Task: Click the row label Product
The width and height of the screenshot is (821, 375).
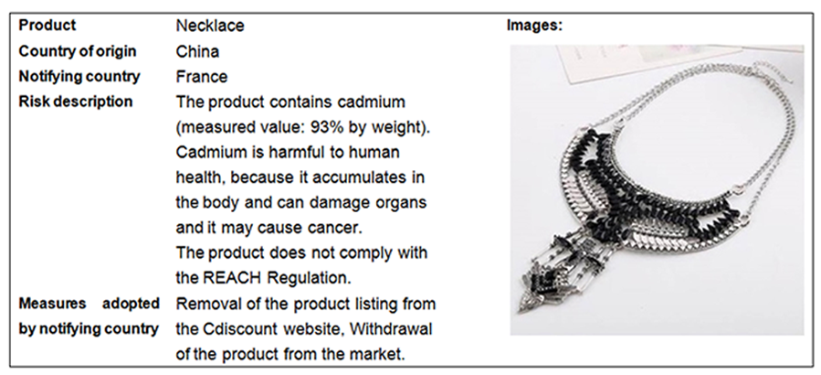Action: coord(47,26)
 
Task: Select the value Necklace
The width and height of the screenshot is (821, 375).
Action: coord(210,26)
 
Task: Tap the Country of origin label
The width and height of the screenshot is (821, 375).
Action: coord(78,51)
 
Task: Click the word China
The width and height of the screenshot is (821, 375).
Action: coord(197,51)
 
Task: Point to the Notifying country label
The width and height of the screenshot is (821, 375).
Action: coord(79,77)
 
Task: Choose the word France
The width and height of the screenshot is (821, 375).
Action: coord(202,77)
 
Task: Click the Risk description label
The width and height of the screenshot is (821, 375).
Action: coord(76,102)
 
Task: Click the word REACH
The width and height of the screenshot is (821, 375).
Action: coord(231,278)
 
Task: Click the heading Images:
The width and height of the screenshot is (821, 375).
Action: coord(534,26)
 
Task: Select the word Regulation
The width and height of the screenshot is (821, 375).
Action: coord(309,278)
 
